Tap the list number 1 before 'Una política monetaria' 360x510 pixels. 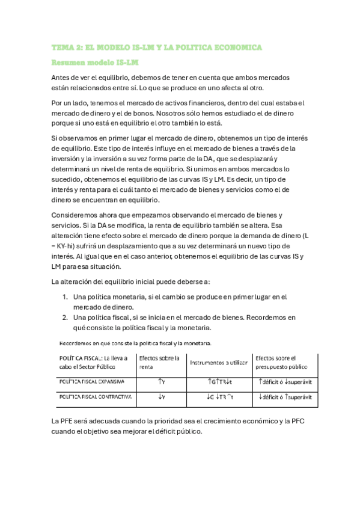coord(66,296)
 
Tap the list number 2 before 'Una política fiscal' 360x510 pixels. coord(66,316)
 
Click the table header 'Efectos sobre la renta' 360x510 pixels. coord(160,363)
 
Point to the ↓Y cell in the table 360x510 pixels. coord(162,397)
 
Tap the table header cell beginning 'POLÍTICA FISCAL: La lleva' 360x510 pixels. coord(94,363)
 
